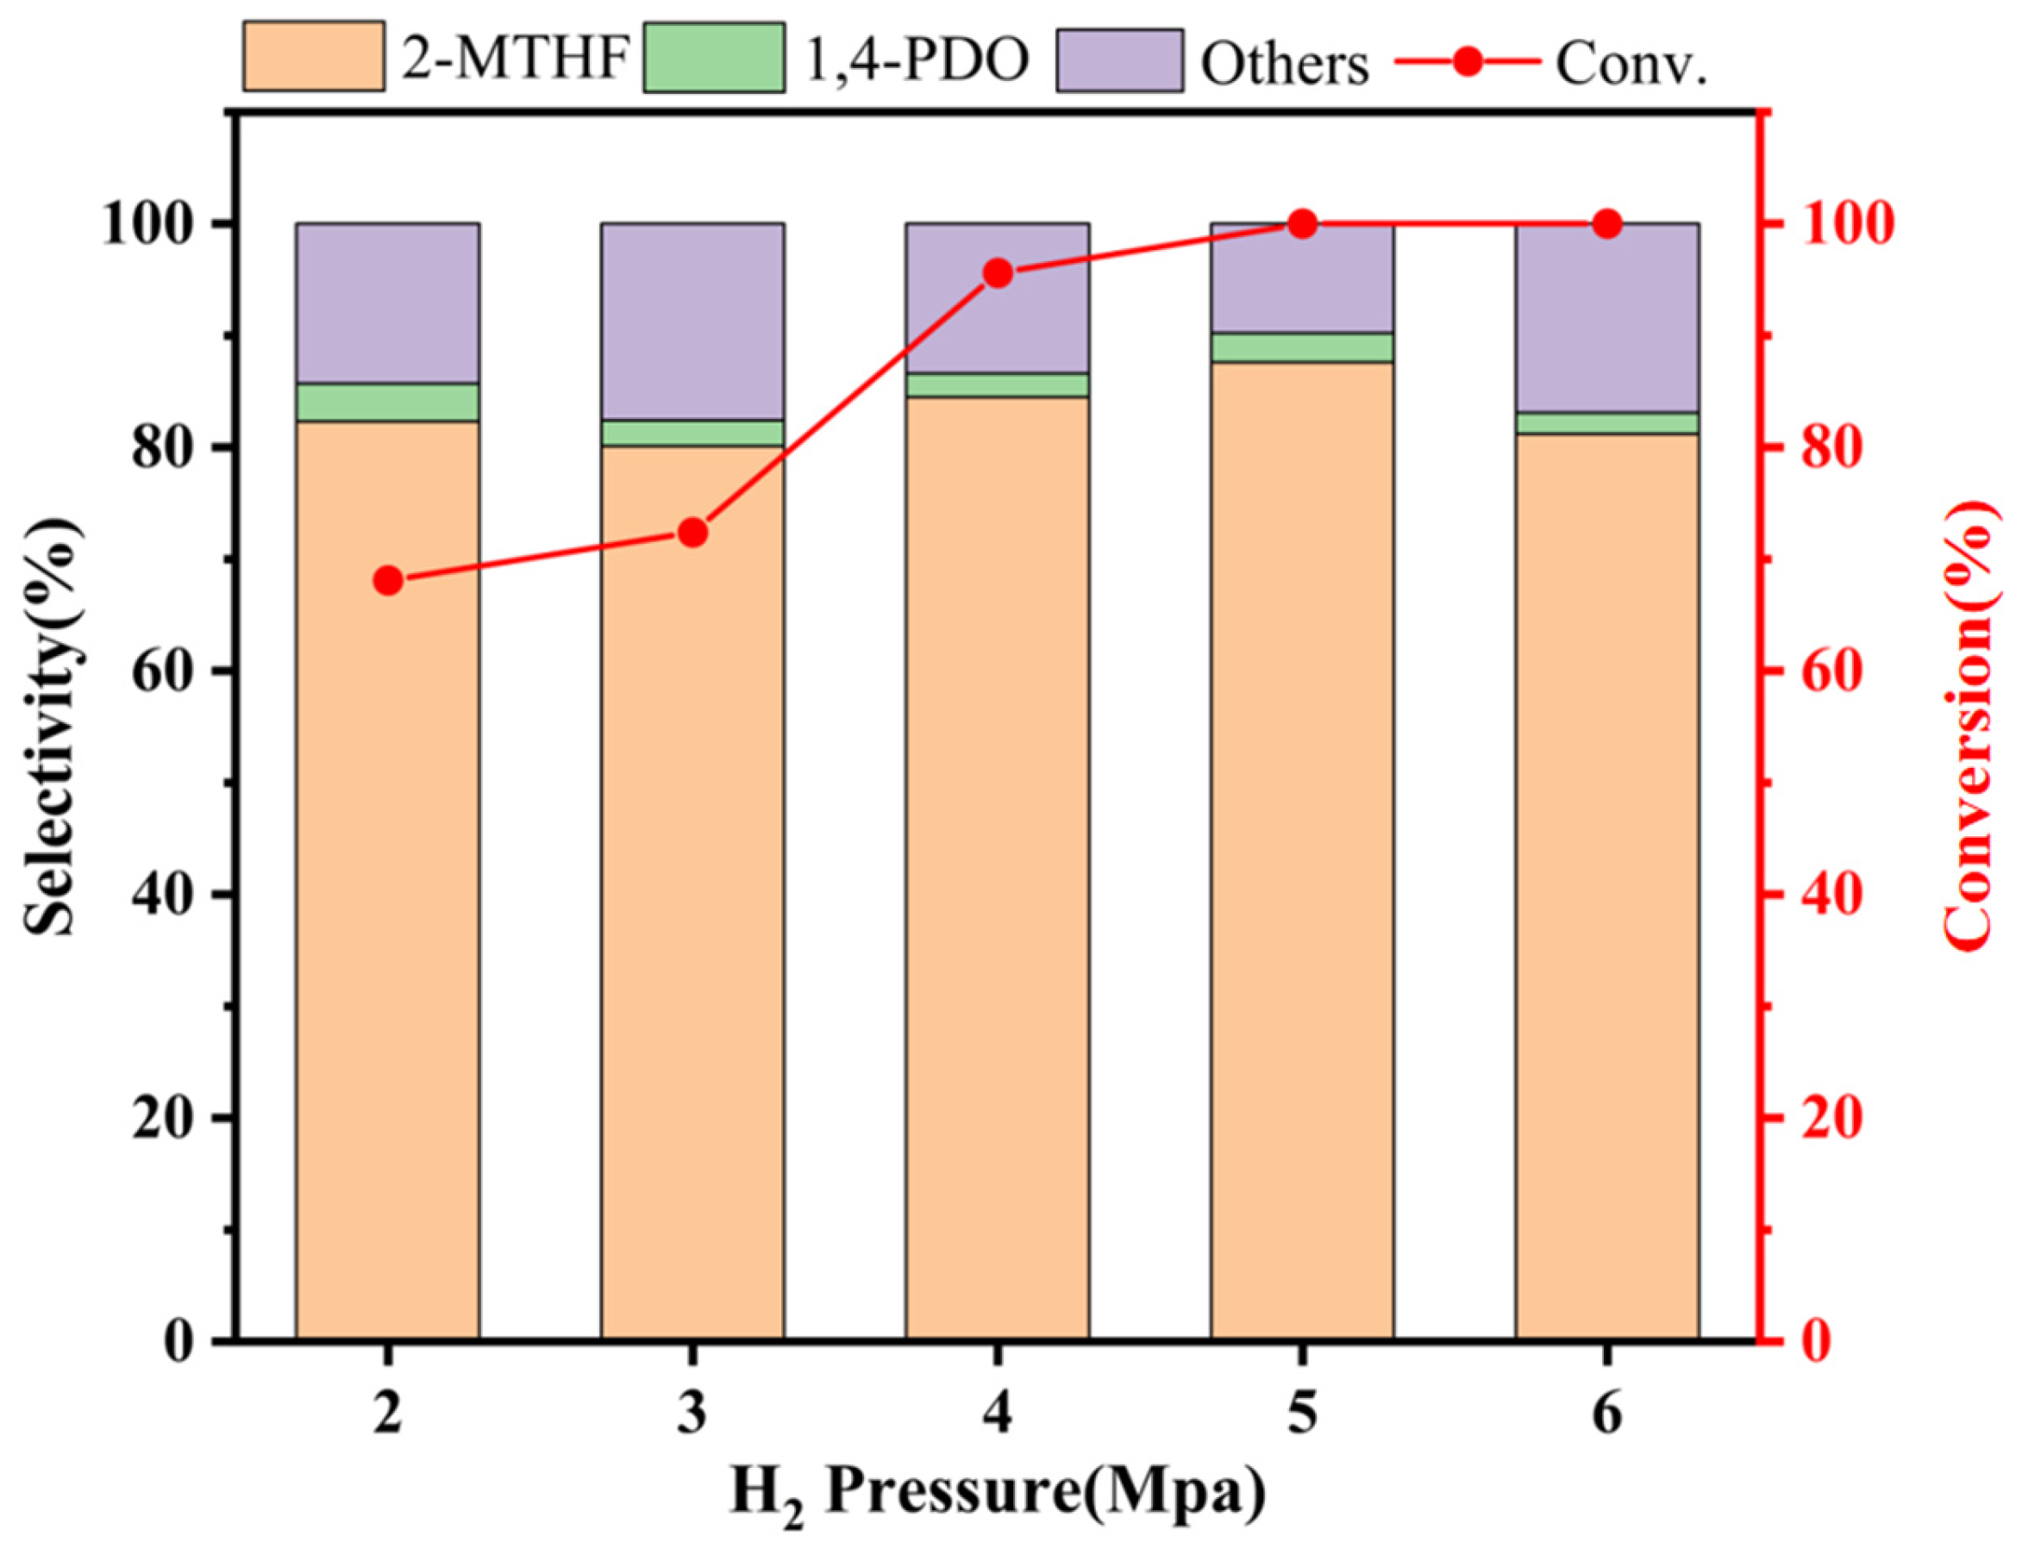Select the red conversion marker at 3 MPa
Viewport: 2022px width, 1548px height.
(x=692, y=533)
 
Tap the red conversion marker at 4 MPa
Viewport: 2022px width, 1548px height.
(x=997, y=274)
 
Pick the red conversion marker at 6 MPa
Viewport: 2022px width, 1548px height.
(x=1606, y=224)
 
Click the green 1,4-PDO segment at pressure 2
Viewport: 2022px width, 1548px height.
(x=387, y=403)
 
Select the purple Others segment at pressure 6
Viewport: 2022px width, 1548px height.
(x=1606, y=318)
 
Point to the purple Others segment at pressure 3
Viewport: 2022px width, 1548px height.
(x=692, y=321)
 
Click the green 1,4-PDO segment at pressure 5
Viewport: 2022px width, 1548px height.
(x=1301, y=347)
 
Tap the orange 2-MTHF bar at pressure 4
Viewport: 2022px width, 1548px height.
(x=997, y=866)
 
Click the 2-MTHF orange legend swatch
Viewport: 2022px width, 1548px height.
(x=313, y=57)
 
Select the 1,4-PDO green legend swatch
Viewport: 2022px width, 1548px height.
(x=713, y=57)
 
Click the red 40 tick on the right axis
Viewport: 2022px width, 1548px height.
(x=1806, y=895)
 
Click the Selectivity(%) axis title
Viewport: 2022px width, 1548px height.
(x=51, y=723)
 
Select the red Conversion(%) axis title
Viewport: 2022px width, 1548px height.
(x=1972, y=723)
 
